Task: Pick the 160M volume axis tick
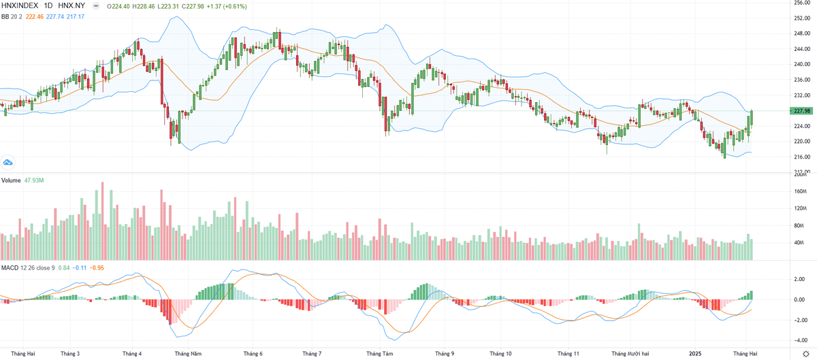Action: [x=799, y=191]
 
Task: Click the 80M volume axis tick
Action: [x=799, y=225]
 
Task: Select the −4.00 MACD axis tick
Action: [x=799, y=340]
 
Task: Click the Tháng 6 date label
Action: [x=253, y=354]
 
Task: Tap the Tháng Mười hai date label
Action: [x=630, y=354]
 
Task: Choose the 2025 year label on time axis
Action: [x=694, y=354]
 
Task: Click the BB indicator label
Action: [x=6, y=16]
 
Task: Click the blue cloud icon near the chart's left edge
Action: [x=8, y=163]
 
